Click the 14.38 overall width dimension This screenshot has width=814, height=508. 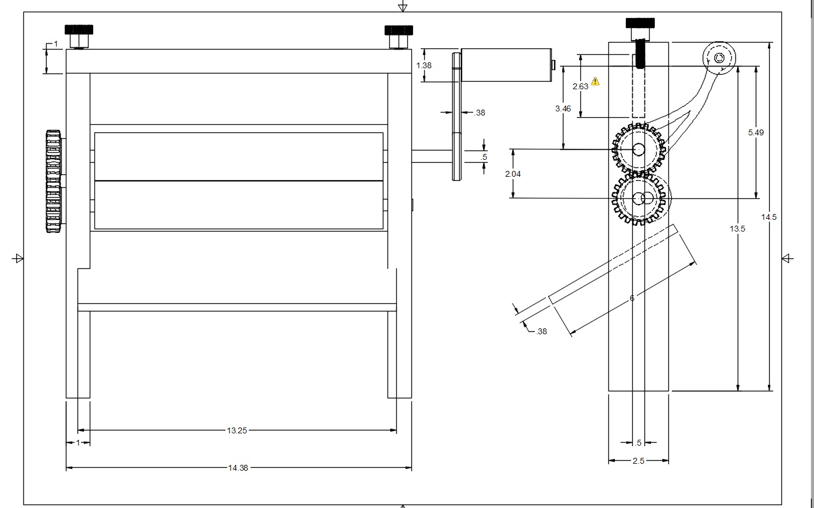(238, 468)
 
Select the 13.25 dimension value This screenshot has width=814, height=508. (237, 430)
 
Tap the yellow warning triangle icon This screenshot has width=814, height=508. (595, 81)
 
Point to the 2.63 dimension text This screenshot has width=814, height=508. (580, 86)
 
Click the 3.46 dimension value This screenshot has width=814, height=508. (563, 108)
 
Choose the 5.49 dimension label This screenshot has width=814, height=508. (756, 133)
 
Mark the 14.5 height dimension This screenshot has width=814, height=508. (769, 217)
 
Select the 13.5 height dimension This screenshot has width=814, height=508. (737, 229)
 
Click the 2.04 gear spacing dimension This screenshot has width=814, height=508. (513, 174)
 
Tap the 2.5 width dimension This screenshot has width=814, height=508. (639, 461)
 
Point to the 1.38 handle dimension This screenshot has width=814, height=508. (424, 65)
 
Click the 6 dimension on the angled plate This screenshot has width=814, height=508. (632, 298)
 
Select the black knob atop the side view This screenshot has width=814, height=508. (640, 23)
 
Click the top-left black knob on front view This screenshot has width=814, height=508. (79, 30)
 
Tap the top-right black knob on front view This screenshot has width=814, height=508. (399, 30)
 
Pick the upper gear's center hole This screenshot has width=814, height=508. (639, 149)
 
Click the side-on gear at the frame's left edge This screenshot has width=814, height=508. (54, 181)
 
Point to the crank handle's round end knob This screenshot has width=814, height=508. (719, 58)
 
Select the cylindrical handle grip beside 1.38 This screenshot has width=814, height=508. (506, 65)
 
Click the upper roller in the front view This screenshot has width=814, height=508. (239, 157)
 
